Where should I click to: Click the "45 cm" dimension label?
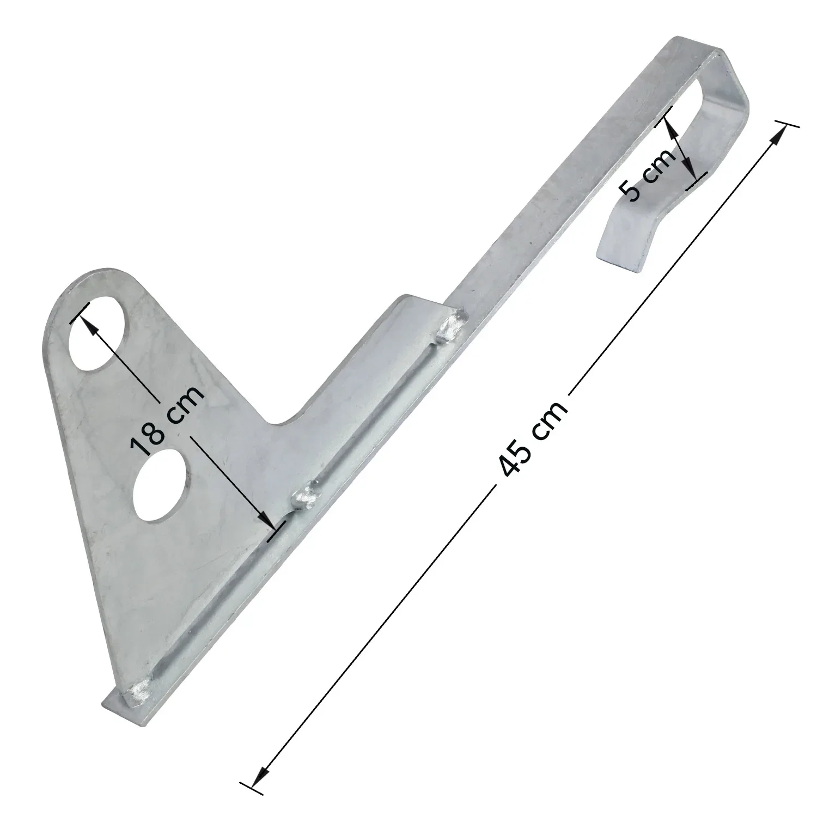533,439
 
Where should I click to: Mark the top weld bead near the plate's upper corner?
452,325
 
